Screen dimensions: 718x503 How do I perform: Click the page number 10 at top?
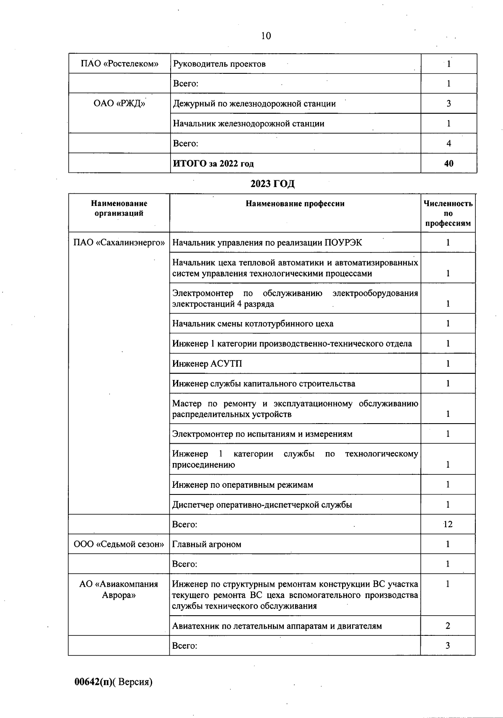(266, 36)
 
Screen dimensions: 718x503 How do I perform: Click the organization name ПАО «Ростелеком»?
(119, 64)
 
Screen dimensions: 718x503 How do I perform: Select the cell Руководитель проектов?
(219, 64)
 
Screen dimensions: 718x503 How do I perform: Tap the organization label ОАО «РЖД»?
(119, 104)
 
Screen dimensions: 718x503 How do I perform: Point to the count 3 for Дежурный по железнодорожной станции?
(449, 104)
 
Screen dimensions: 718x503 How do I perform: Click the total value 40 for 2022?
(449, 164)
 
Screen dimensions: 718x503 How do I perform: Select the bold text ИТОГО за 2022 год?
(213, 164)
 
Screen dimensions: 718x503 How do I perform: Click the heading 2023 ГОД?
(272, 184)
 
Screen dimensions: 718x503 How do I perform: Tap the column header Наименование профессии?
(295, 204)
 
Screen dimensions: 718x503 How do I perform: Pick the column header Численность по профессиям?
(448, 213)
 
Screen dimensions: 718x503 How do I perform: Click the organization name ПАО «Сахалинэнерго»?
(119, 243)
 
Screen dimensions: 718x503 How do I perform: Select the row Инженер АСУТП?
(207, 364)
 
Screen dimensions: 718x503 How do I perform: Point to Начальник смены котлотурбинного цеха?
(253, 324)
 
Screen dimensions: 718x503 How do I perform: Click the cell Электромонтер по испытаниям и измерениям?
(262, 434)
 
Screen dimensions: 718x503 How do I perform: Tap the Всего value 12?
(448, 524)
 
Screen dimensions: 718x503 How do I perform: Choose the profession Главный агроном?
(207, 544)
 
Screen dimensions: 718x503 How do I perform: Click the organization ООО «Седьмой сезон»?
(119, 544)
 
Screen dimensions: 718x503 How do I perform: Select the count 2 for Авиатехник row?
(448, 626)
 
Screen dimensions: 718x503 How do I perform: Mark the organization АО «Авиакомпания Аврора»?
(119, 590)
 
